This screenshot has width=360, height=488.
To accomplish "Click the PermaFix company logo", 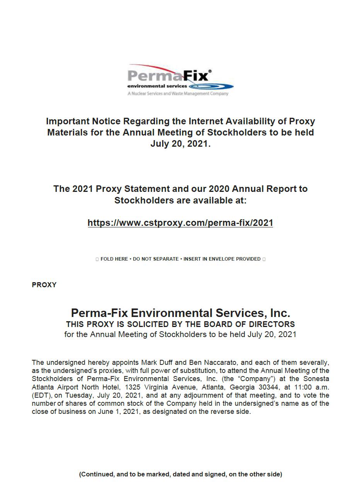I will [x=180, y=80].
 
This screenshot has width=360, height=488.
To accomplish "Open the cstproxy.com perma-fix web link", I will [x=180, y=223].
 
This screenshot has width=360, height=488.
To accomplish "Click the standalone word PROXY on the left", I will [x=44, y=285].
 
